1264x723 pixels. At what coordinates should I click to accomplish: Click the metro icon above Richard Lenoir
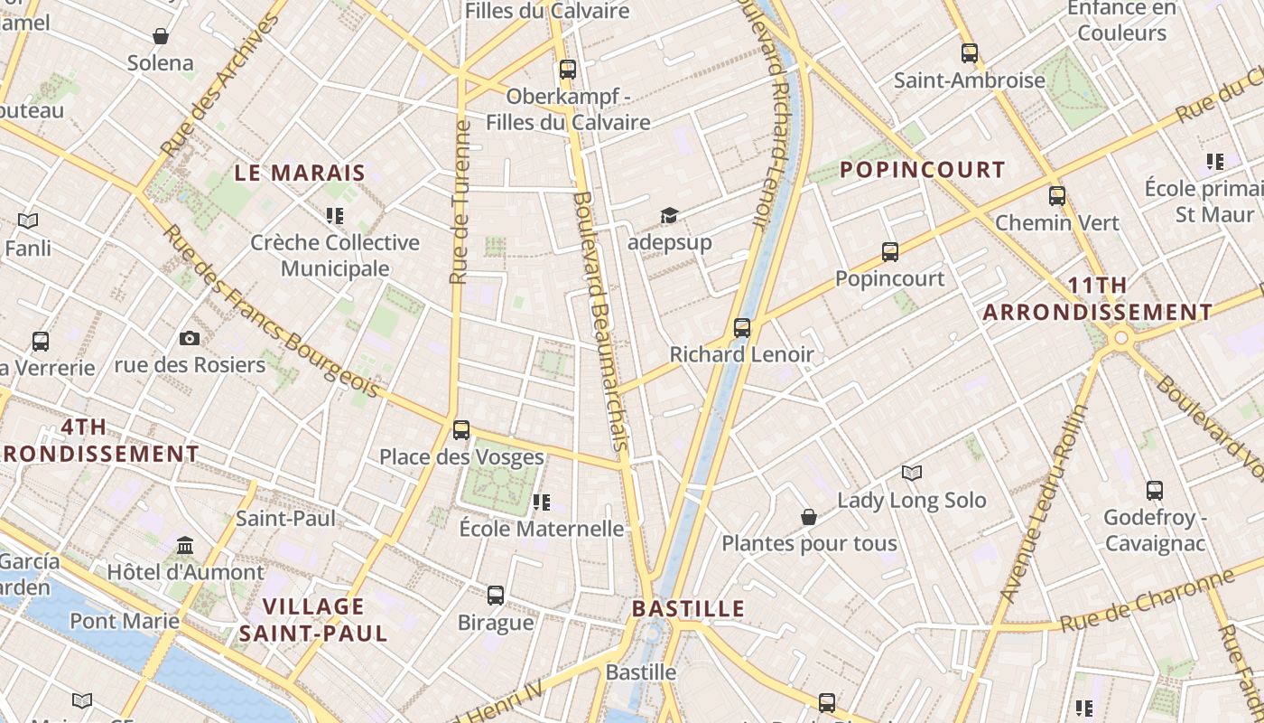click(742, 327)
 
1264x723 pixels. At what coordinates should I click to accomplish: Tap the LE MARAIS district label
click(300, 173)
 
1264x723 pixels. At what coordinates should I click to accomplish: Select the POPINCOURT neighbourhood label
click(922, 170)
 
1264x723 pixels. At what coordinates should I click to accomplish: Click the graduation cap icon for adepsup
click(669, 215)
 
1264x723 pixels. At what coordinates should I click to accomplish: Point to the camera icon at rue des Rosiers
click(190, 338)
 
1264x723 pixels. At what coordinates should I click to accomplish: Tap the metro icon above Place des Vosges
click(461, 429)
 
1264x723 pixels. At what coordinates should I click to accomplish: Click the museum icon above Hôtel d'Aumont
click(186, 545)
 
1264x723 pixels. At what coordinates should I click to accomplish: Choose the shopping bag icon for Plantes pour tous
click(809, 517)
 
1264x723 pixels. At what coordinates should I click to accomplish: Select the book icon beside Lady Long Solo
click(912, 473)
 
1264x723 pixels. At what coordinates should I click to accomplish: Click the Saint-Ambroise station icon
click(970, 53)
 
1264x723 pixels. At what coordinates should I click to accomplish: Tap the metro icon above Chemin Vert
click(1057, 195)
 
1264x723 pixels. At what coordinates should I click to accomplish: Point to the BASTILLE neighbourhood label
click(688, 608)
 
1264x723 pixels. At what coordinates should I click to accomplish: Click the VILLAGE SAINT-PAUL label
click(313, 619)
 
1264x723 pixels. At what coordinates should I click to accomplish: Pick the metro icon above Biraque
click(496, 595)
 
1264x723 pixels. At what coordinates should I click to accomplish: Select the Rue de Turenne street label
click(460, 202)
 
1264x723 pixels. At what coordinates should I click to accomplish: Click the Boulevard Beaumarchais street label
click(600, 321)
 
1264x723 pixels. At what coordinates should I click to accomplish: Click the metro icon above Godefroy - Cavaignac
click(1155, 491)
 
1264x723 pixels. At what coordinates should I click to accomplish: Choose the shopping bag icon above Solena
click(161, 36)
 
